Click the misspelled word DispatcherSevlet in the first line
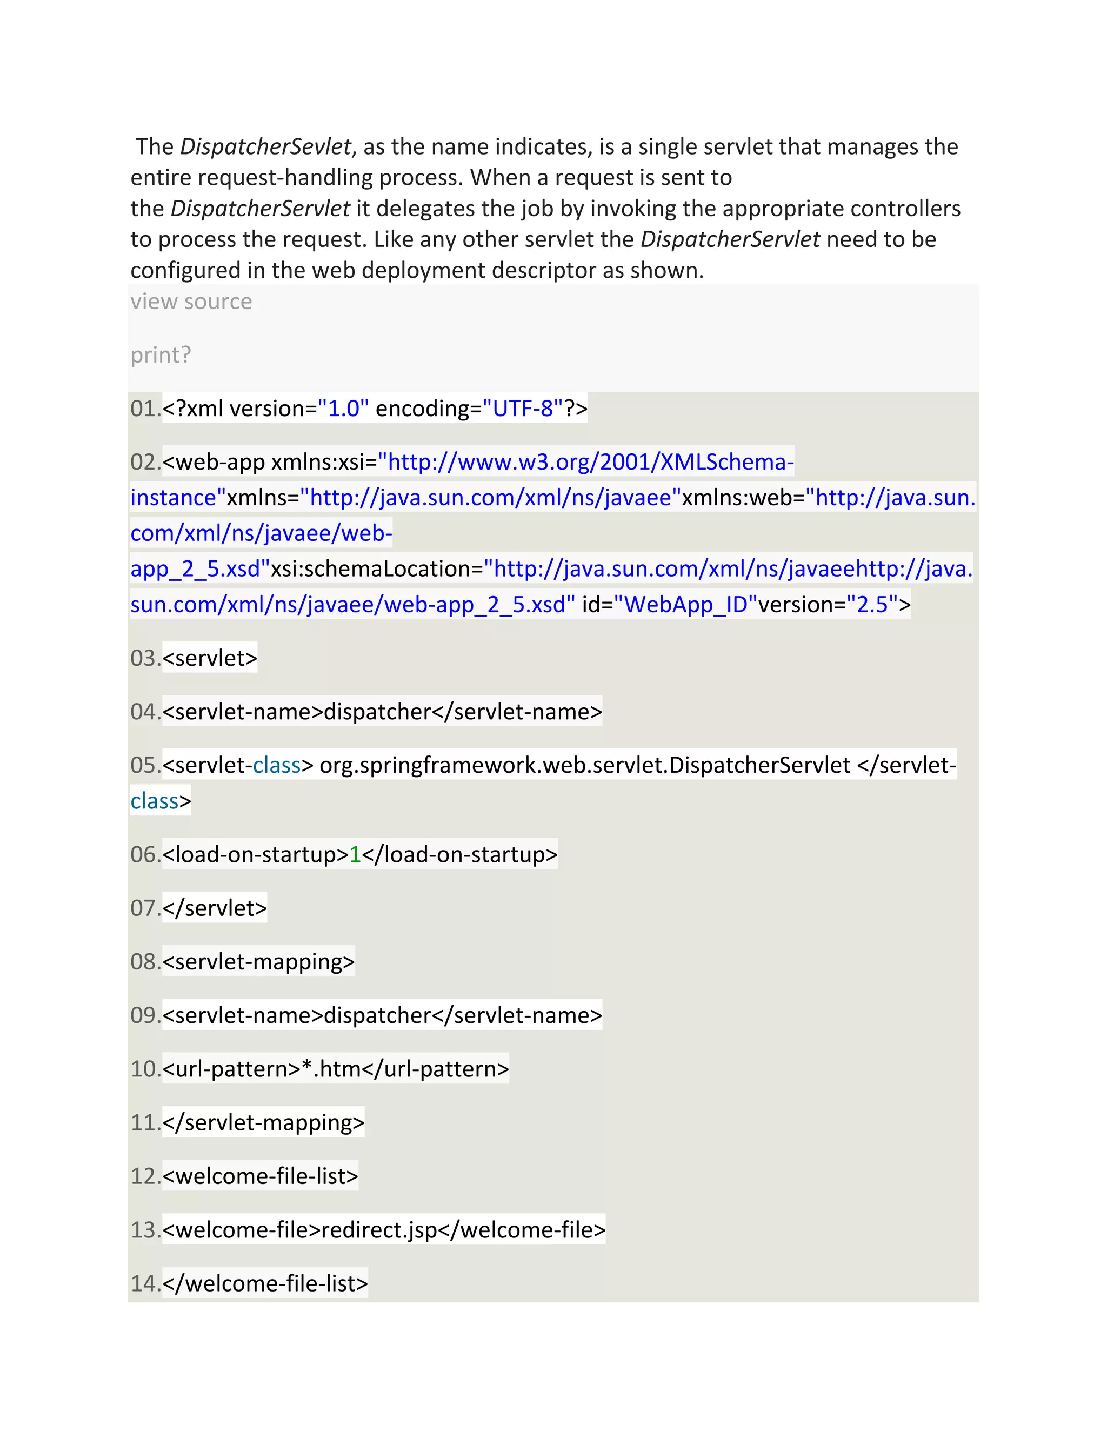[x=265, y=147]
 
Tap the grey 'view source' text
[x=191, y=302]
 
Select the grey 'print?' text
[x=161, y=354]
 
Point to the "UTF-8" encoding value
[x=523, y=409]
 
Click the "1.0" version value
[x=343, y=409]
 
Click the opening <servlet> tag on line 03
[x=210, y=658]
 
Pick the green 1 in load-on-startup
[x=355, y=855]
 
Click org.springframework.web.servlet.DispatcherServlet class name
[x=585, y=765]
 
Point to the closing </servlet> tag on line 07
[x=215, y=908]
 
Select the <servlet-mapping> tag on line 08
[x=258, y=962]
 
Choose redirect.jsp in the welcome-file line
[x=378, y=1230]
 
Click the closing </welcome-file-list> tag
[x=265, y=1283]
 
